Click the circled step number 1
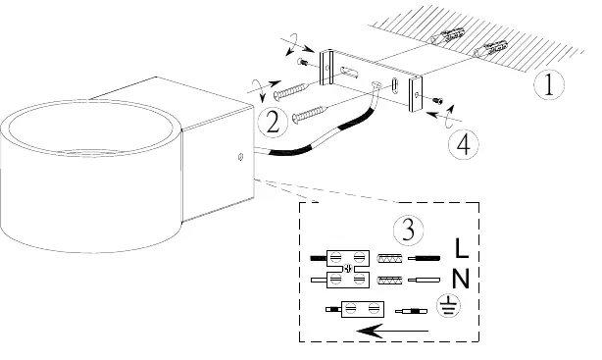pos(549,84)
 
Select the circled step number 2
pos(273,123)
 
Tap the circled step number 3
pos(408,230)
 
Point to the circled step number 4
pos(464,145)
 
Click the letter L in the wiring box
pos(461,248)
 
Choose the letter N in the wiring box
pos(461,279)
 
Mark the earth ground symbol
pos(449,307)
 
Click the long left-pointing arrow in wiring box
pos(392,331)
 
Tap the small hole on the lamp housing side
pos(240,156)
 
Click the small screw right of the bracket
pos(437,101)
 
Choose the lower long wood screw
pos(311,114)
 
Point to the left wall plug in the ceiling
pos(447,34)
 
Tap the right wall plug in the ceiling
pos(490,48)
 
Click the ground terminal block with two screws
pos(363,309)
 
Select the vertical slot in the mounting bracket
pos(395,85)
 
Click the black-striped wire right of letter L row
pos(424,258)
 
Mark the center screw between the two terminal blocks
pos(348,268)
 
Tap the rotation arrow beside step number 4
pos(447,116)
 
